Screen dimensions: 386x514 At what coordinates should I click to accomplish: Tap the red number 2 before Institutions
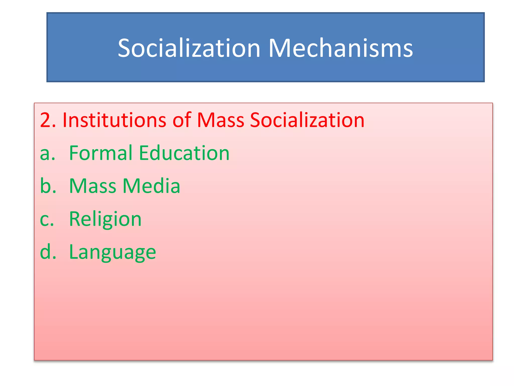coord(45,120)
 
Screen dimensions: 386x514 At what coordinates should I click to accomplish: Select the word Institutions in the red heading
coord(114,120)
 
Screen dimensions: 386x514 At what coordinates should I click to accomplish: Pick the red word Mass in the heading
coord(221,120)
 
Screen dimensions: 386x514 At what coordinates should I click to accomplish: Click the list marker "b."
coord(48,186)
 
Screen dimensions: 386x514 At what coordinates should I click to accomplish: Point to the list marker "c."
coord(47,219)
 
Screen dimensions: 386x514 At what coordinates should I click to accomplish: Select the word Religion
coord(105,219)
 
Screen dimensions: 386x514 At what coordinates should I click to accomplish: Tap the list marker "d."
coord(48,252)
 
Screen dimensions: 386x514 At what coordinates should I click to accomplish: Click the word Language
coord(112,252)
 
